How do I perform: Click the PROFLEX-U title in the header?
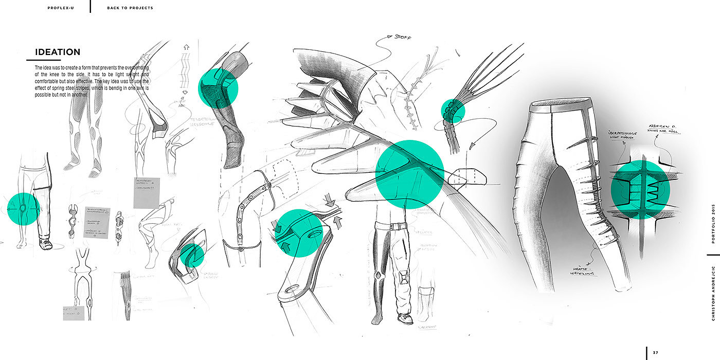click(61, 8)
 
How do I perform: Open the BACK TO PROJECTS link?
click(130, 8)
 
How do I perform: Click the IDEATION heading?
click(58, 52)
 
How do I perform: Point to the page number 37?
click(655, 352)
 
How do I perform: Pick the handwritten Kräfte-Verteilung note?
click(584, 271)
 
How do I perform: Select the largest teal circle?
click(410, 174)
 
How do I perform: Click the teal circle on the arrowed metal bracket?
click(300, 232)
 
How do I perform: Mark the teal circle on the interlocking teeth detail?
click(640, 190)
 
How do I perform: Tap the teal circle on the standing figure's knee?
click(24, 209)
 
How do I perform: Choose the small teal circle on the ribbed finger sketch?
click(453, 111)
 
